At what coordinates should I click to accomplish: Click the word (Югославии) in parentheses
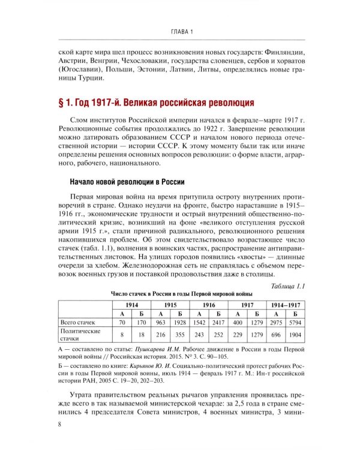(x=77, y=71)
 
